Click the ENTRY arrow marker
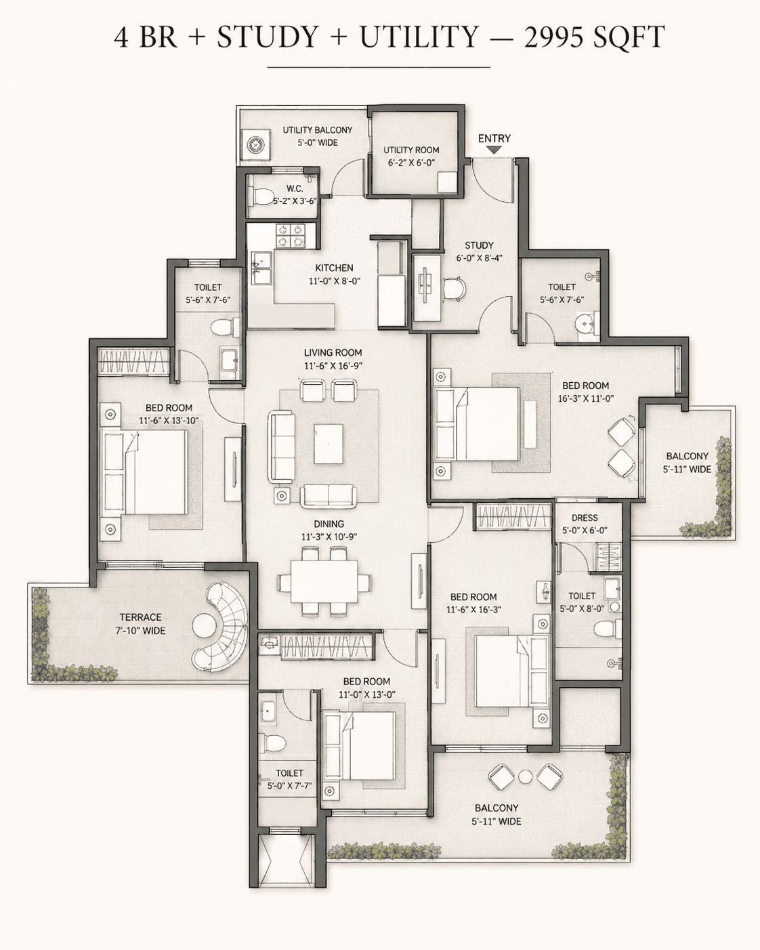pos(494,150)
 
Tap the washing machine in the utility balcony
pos(256,145)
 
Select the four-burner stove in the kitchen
pos(289,235)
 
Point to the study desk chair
pos(454,289)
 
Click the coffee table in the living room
pos(329,443)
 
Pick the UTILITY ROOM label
pos(411,150)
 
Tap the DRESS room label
pos(585,518)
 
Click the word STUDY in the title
pos(267,37)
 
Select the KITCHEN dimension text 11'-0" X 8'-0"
pos(335,281)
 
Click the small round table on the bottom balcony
pos(526,777)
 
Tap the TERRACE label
pos(140,617)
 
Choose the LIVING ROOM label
pos(333,352)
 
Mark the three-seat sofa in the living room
pos(281,446)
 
